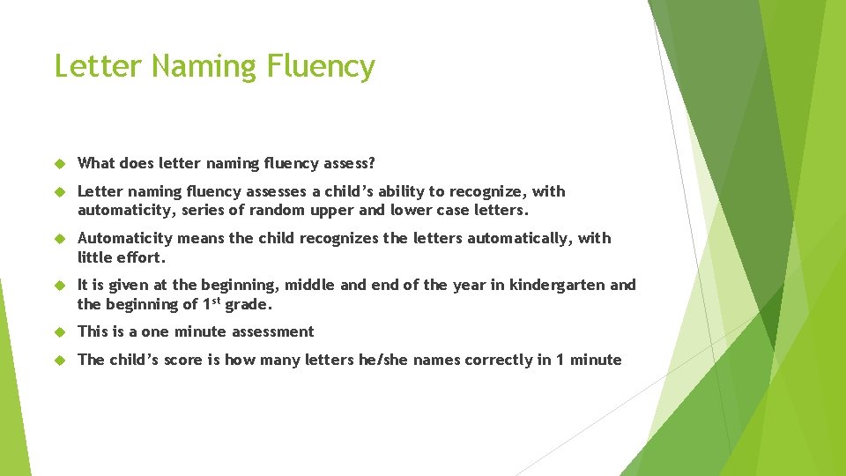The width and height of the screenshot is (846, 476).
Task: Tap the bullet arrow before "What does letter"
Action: click(61, 163)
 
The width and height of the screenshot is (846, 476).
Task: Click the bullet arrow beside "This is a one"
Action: click(61, 331)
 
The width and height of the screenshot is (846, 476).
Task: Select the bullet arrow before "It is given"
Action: click(61, 285)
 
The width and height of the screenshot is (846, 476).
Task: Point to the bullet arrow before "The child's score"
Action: click(61, 360)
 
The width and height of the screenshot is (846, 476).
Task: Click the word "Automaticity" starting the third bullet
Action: click(124, 238)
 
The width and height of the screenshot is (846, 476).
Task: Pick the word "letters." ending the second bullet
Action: click(501, 211)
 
